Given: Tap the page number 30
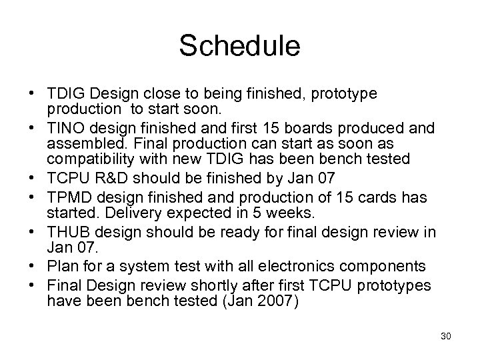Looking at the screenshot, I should click(446, 337).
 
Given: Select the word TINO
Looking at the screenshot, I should click(66, 127).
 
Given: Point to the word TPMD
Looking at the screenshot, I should click(69, 198).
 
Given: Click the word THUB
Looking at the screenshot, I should click(68, 231).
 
